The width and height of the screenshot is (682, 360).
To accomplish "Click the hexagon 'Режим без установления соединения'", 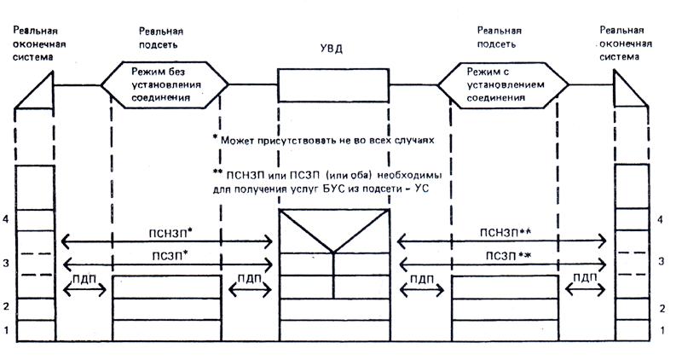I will tap(165, 85).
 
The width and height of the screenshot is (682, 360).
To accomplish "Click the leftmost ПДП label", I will tap(84, 277).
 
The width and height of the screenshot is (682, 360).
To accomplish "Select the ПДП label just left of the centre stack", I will tap(249, 277).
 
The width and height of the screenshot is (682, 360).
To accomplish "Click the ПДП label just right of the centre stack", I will tap(421, 277).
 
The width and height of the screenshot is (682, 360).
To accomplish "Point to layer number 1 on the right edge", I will tap(663, 330).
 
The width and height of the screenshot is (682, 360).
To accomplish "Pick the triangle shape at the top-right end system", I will tap(630, 90).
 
